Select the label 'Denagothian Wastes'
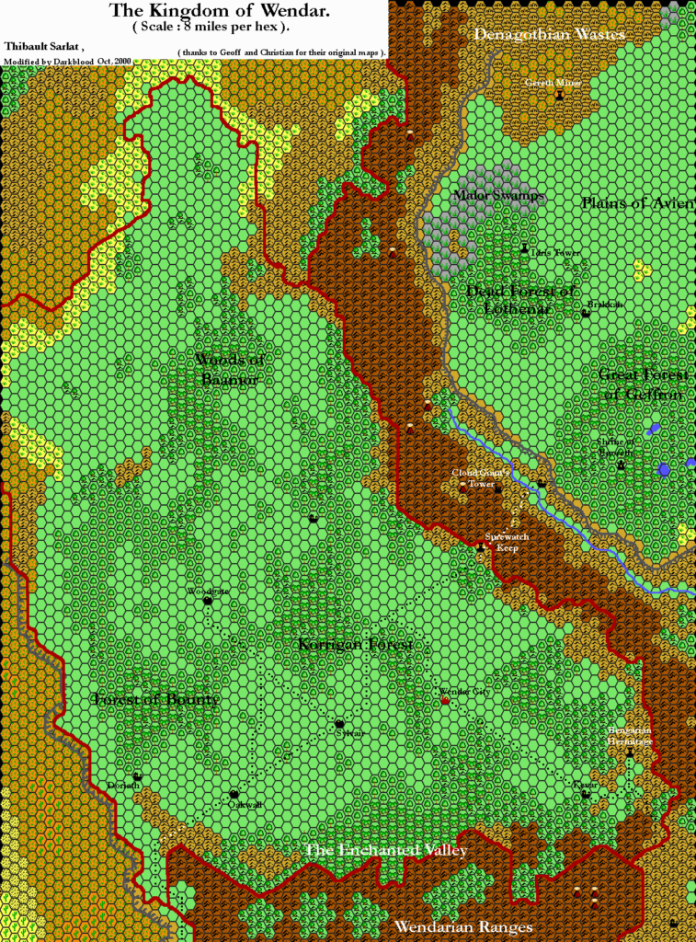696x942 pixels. click(550, 34)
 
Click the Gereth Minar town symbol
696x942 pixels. click(559, 95)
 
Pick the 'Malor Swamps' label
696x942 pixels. click(499, 196)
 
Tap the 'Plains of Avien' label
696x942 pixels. click(638, 202)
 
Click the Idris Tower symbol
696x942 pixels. click(525, 248)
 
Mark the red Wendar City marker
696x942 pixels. click(446, 701)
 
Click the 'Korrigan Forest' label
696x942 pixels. click(355, 645)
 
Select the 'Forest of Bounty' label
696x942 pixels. click(156, 700)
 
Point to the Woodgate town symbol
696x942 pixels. click(208, 601)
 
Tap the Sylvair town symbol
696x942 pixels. click(339, 723)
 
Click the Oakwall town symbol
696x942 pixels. click(234, 794)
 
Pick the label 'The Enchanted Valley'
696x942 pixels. click(385, 850)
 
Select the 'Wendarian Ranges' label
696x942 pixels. click(463, 926)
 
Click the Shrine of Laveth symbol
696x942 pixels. click(622, 465)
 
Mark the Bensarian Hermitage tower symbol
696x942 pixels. click(630, 752)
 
